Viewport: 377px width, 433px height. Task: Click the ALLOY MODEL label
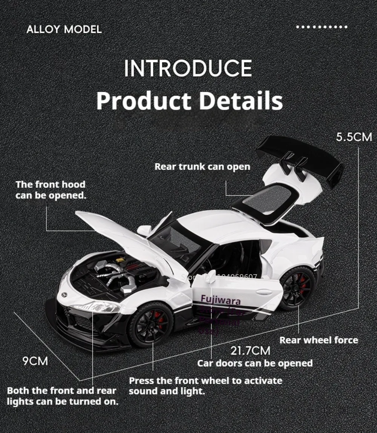pyautogui.click(x=64, y=29)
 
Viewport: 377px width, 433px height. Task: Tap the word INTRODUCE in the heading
pyautogui.click(x=188, y=68)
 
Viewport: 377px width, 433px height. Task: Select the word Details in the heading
pyautogui.click(x=241, y=101)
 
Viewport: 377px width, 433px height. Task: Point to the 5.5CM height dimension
pyautogui.click(x=354, y=137)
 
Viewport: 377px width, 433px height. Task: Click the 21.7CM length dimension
pyautogui.click(x=250, y=351)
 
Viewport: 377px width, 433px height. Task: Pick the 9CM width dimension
pyautogui.click(x=35, y=361)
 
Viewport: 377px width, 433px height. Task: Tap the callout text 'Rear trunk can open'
pyautogui.click(x=202, y=166)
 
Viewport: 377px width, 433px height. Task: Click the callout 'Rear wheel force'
pyautogui.click(x=319, y=340)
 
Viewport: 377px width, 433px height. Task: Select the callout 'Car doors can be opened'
pyautogui.click(x=255, y=363)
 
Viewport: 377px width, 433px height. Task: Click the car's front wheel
pyautogui.click(x=151, y=325)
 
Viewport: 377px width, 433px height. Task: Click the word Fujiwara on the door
pyautogui.click(x=221, y=299)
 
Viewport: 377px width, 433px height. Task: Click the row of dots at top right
pyautogui.click(x=322, y=27)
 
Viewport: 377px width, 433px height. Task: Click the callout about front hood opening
pyautogui.click(x=51, y=190)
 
